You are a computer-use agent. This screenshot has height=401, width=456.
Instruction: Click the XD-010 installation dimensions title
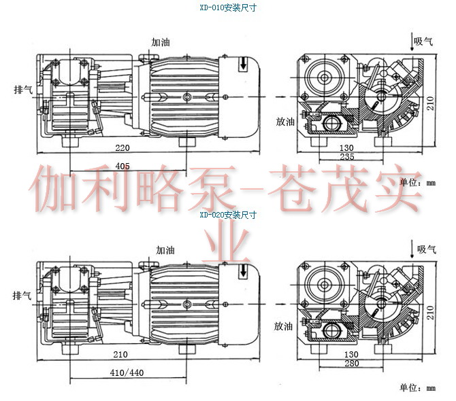227,9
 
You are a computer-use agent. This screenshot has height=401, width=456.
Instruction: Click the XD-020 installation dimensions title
227,215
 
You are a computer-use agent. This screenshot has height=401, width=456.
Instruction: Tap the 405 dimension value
123,166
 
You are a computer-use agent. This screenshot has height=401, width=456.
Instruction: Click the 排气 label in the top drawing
22,89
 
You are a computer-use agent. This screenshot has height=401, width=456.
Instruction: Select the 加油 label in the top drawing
161,42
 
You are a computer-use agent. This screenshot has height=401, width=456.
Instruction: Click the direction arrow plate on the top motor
244,64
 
